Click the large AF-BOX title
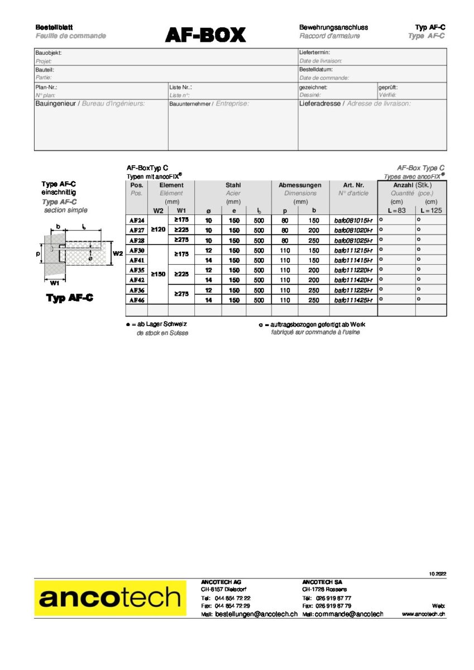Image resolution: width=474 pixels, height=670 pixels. [205, 35]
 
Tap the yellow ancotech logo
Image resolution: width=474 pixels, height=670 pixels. [110, 597]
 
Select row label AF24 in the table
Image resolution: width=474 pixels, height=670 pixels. [137, 220]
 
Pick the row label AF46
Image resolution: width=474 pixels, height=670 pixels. [137, 300]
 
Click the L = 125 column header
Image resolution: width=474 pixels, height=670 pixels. [430, 210]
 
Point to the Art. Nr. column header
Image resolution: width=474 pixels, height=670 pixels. [353, 185]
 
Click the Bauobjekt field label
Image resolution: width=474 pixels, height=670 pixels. [49, 52]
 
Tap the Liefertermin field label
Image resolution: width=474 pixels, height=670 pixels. [315, 52]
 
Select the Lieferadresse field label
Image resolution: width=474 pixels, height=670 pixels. [320, 103]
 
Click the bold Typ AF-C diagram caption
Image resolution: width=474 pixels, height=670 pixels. [69, 298]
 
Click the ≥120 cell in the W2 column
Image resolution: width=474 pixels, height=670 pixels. [158, 229]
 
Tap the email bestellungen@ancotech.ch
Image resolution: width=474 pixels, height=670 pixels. [256, 614]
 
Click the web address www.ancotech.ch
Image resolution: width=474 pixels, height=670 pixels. [423, 614]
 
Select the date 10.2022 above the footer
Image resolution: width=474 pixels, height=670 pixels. [438, 574]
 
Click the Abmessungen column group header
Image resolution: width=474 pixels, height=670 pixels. [300, 185]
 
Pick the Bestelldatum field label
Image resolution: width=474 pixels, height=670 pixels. [316, 69]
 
